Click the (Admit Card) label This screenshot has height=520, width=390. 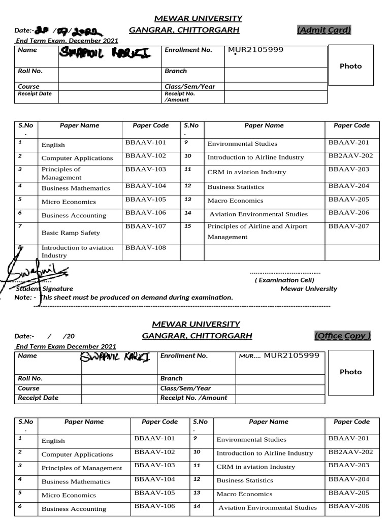point(323,30)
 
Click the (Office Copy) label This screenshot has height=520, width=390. point(342,336)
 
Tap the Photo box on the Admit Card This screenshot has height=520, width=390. point(350,66)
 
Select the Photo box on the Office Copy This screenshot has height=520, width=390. point(350,372)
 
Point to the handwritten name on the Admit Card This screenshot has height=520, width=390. point(105,52)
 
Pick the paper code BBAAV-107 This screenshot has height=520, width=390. point(145,226)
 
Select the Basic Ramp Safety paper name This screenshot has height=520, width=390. point(71,233)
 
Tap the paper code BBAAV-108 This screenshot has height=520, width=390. point(145,248)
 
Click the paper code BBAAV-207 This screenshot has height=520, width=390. point(348,226)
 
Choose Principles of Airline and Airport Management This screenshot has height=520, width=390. point(257,232)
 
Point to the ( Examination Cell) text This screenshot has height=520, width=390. point(284,280)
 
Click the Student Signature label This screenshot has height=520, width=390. point(45,288)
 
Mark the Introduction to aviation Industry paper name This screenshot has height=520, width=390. point(77,251)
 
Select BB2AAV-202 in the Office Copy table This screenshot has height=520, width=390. point(350,452)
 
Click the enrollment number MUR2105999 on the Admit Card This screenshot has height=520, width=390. point(255,50)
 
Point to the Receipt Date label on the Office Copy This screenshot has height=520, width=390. point(38,398)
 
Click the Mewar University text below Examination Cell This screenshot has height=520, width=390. point(308,288)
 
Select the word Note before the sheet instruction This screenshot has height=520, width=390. point(23,297)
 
